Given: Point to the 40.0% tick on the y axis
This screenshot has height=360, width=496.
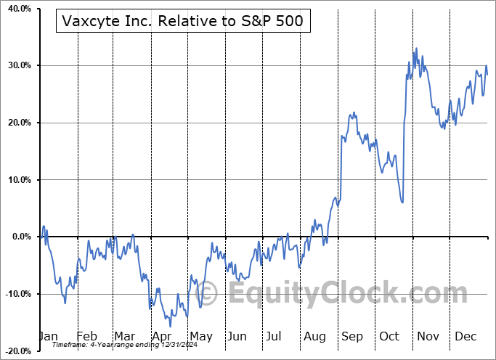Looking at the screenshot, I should tap(17, 9).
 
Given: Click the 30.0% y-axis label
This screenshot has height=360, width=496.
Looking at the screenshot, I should tap(17, 65).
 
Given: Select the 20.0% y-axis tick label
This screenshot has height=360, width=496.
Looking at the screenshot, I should tap(17, 123).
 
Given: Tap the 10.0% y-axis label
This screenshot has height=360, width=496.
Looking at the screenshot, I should tap(17, 180).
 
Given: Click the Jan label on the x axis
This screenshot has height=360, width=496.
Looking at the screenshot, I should tap(48, 336).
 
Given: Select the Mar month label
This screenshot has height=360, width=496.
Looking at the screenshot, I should tap(124, 336).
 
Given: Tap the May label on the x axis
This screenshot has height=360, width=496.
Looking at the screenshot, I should tap(200, 336).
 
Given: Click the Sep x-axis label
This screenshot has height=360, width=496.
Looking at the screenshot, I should tap(353, 336).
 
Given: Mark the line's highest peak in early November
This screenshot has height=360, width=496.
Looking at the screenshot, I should tap(416, 49).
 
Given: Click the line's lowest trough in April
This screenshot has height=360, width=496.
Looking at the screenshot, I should tap(171, 327).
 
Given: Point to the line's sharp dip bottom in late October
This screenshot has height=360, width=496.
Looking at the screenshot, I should tap(402, 202).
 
